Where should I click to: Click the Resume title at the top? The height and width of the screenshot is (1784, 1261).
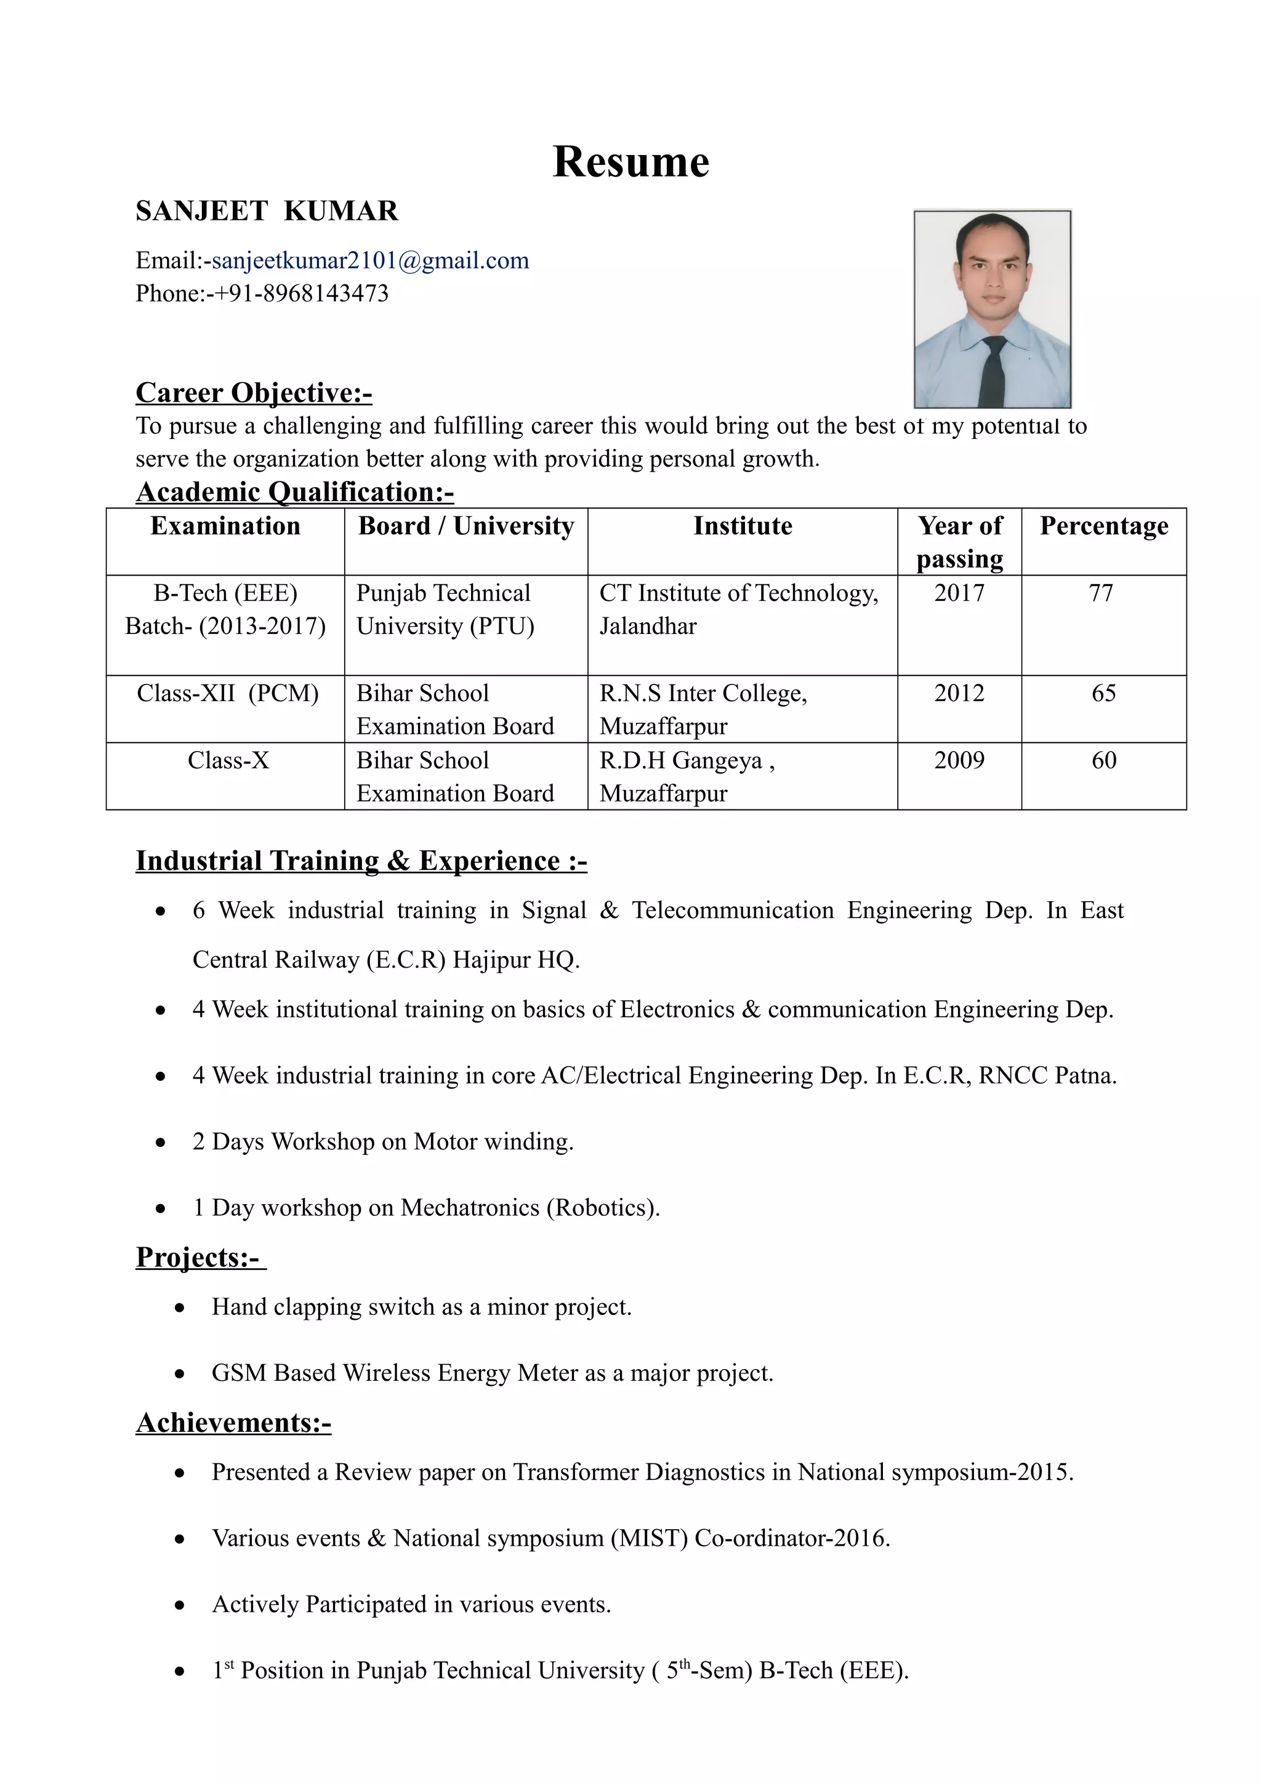(630, 163)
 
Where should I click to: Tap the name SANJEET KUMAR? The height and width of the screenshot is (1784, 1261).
(267, 211)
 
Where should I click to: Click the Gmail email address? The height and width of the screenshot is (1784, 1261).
(370, 260)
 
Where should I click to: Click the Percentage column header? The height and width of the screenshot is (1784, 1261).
(1103, 526)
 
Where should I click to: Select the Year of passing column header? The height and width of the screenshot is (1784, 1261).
(959, 542)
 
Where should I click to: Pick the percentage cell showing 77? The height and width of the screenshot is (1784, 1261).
(1101, 593)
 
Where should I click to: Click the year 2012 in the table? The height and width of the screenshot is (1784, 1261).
(959, 693)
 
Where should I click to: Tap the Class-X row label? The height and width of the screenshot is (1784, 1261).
(228, 760)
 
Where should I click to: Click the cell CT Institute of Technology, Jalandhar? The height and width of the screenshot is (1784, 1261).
(738, 609)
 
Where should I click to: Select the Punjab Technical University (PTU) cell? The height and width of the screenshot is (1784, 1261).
(445, 609)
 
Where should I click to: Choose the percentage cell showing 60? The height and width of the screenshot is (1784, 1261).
(1103, 760)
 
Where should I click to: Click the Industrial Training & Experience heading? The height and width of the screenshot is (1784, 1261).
(361, 861)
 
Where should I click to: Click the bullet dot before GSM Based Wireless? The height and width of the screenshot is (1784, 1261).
(179, 1375)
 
